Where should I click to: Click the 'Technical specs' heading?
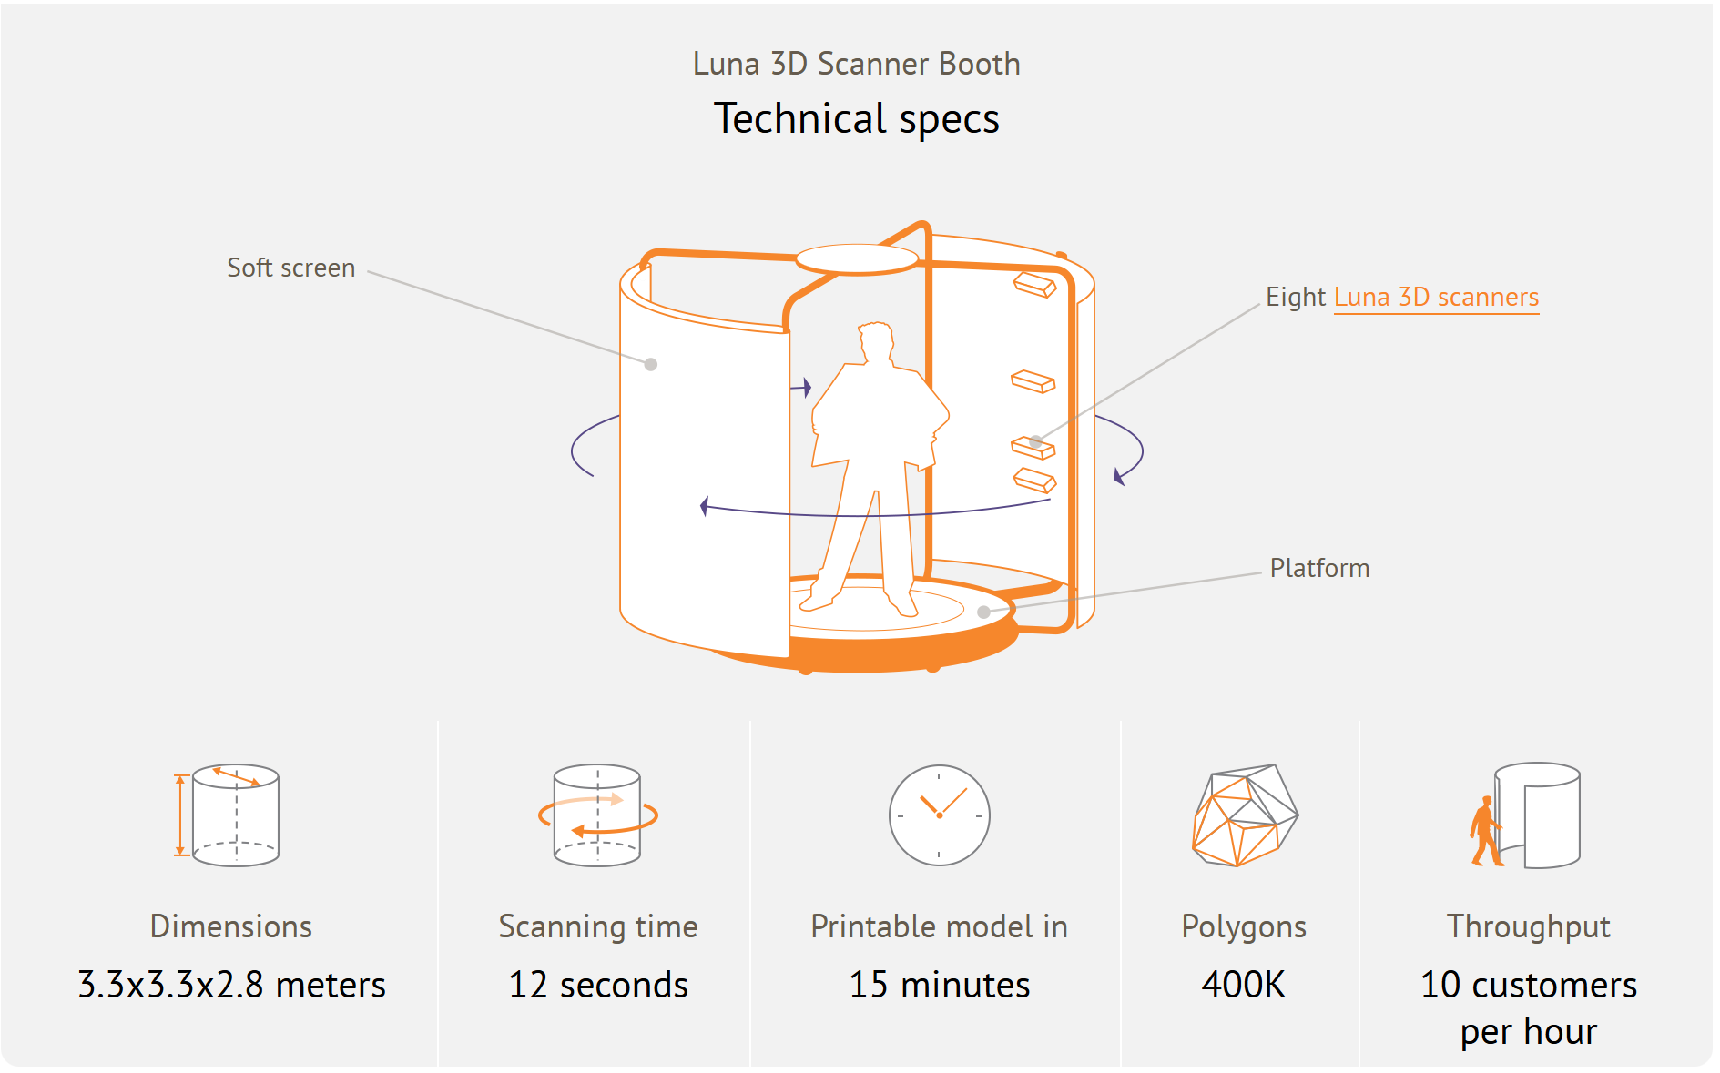click(856, 119)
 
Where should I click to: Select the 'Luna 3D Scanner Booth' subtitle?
click(856, 64)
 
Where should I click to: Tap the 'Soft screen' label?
click(290, 268)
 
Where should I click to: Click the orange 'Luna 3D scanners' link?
click(1436, 298)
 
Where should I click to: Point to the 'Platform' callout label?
click(1319, 568)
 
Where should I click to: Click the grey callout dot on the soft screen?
click(651, 365)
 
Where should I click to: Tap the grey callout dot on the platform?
click(983, 612)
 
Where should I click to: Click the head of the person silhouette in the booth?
click(876, 343)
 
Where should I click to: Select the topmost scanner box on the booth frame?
click(1034, 284)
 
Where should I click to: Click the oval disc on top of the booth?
click(857, 258)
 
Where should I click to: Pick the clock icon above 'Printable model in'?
click(939, 815)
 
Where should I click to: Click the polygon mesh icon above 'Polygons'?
click(1245, 815)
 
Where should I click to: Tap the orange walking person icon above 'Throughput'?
click(1485, 832)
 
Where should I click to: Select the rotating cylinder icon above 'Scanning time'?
click(597, 815)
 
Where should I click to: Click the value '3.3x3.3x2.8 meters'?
click(231, 985)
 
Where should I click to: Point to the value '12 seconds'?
click(598, 985)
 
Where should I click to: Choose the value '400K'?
click(1244, 985)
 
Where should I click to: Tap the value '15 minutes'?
click(939, 985)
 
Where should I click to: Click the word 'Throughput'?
click(1529, 926)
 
